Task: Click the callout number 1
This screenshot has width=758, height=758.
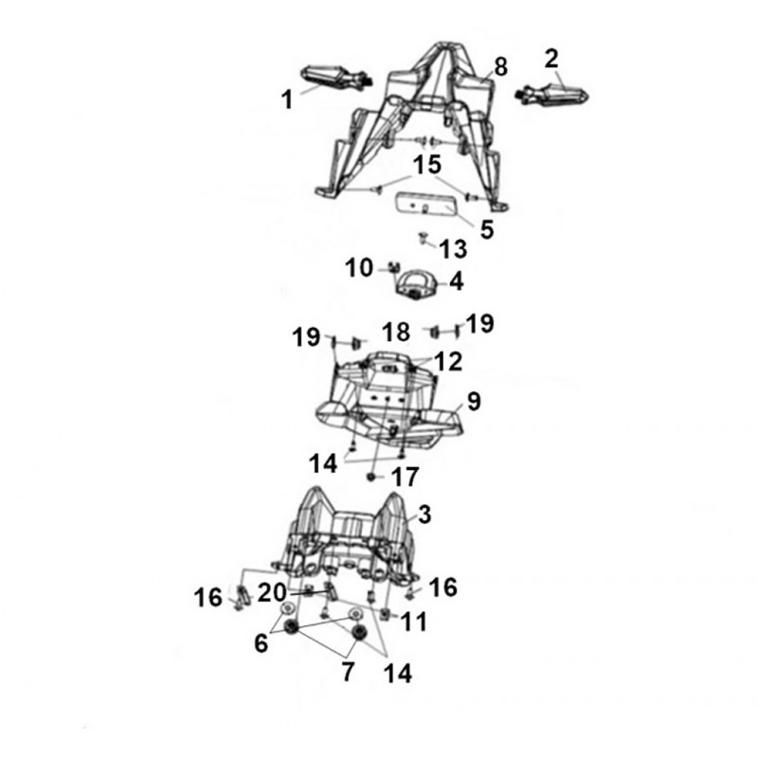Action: point(288,100)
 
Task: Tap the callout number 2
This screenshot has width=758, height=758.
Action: point(551,59)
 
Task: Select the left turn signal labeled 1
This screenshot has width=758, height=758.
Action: point(335,79)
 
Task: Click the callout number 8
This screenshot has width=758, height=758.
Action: point(501,66)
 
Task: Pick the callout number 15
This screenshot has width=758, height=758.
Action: point(427,164)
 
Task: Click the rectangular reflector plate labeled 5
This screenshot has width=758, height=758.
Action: point(426,205)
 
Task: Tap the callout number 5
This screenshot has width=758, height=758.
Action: point(487,228)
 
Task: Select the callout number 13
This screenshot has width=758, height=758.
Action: point(453,249)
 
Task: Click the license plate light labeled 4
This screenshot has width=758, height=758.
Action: point(416,285)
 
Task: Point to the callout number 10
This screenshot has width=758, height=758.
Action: point(359,267)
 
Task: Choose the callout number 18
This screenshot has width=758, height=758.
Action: point(396,333)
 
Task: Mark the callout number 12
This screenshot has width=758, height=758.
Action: point(448,362)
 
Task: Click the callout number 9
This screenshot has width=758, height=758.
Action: point(474,401)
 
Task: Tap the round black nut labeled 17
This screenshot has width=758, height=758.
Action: point(371,478)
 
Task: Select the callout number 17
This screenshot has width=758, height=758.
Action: point(406,478)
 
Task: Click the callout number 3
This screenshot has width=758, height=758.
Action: point(424,514)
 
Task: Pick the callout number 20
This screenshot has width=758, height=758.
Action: point(272,593)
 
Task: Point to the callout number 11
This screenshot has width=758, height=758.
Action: point(413,623)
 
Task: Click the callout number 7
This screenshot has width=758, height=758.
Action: point(348,672)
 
